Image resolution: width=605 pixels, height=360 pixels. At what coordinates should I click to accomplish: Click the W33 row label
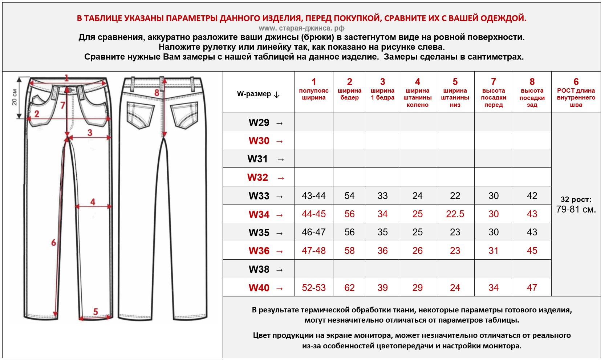(259, 196)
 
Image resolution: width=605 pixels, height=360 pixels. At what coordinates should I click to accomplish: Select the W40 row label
(259, 288)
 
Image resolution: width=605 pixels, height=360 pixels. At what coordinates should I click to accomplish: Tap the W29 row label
(259, 122)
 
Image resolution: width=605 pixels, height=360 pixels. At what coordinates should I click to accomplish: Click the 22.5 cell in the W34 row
(455, 214)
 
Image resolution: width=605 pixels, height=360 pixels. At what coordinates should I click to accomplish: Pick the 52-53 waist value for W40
(314, 288)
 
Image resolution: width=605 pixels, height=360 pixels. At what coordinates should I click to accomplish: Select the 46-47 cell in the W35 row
(314, 232)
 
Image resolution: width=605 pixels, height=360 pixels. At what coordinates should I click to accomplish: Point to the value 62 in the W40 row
(349, 288)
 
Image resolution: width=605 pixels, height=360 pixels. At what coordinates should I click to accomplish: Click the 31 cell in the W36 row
(494, 251)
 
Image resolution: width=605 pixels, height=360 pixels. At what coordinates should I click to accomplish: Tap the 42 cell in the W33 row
(532, 196)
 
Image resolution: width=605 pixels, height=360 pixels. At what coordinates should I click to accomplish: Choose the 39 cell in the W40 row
(382, 288)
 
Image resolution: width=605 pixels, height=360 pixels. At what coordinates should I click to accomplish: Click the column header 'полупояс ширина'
(314, 94)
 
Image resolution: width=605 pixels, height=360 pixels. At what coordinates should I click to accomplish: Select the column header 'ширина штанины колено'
(417, 97)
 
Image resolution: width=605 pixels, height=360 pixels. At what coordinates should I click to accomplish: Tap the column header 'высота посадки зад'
(532, 97)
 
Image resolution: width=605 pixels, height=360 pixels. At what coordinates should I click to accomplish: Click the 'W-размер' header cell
(258, 94)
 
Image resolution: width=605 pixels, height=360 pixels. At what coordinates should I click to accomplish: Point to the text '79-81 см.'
(576, 210)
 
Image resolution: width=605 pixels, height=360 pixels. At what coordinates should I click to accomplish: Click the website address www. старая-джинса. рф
(301, 28)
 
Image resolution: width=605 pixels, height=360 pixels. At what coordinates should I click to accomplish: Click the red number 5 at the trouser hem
(96, 311)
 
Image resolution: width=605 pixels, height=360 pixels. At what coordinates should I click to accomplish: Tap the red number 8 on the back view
(157, 93)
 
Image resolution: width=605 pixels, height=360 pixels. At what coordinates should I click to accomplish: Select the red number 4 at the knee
(93, 202)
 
